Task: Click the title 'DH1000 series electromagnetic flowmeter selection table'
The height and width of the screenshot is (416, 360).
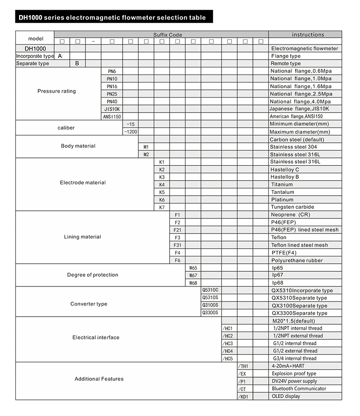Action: tap(112, 18)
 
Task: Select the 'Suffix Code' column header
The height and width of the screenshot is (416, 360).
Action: tap(167, 35)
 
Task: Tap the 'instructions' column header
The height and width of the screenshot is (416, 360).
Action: tap(308, 35)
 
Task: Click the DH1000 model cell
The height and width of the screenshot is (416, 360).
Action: tap(35, 48)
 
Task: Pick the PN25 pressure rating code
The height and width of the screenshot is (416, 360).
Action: tap(112, 94)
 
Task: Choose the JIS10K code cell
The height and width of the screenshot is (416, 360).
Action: tap(112, 109)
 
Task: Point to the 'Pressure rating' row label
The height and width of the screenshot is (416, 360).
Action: tap(57, 91)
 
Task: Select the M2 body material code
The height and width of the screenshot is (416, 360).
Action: tap(146, 155)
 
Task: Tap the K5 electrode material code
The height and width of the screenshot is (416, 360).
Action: tap(162, 192)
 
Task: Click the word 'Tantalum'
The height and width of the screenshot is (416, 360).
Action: tap(282, 192)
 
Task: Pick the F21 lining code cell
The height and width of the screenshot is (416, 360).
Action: tap(178, 230)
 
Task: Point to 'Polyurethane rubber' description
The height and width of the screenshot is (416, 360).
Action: tap(297, 260)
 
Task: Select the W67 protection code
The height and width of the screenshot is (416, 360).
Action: tap(193, 276)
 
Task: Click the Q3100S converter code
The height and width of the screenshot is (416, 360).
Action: tap(210, 305)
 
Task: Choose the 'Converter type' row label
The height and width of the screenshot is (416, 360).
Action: tap(89, 304)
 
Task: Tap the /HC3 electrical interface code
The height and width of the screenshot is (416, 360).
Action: tap(228, 343)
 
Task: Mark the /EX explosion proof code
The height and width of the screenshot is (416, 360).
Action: tap(242, 374)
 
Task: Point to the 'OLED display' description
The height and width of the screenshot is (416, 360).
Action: tap(286, 396)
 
